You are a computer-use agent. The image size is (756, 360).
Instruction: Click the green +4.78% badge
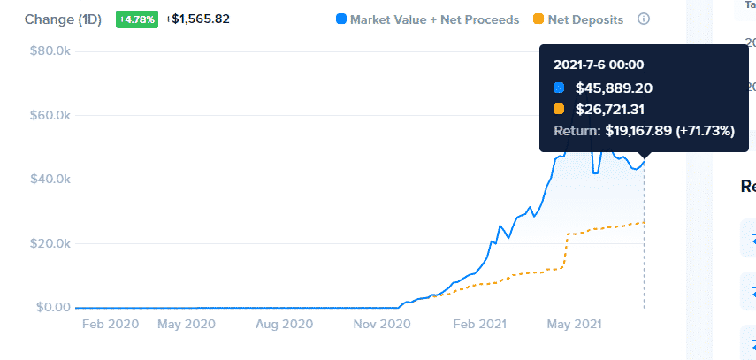(137, 19)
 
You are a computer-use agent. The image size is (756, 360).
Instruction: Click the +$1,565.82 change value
(197, 19)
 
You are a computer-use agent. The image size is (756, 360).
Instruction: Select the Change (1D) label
(63, 19)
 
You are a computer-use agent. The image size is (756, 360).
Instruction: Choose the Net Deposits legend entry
(579, 19)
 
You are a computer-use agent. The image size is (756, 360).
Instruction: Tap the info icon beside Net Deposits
(644, 19)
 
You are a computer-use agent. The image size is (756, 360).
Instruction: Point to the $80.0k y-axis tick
(50, 51)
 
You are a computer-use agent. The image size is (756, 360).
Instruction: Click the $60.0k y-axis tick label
(50, 115)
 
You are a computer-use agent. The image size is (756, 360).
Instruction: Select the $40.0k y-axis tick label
(50, 180)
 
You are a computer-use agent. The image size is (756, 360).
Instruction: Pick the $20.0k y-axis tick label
(50, 243)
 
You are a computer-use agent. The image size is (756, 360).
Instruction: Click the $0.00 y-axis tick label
(51, 307)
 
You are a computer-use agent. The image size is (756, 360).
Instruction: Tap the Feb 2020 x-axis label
(111, 325)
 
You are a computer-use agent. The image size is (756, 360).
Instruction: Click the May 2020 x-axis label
(187, 325)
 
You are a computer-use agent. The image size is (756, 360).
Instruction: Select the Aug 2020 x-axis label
(283, 325)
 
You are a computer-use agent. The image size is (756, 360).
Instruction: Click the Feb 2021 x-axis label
(480, 325)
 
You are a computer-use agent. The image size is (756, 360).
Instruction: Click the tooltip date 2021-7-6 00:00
(599, 65)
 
